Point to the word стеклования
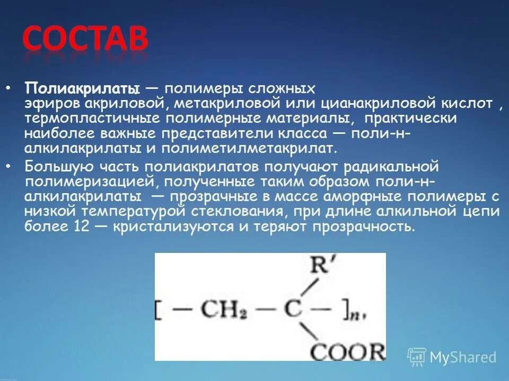coord(244,212)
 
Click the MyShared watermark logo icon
coord(417,357)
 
